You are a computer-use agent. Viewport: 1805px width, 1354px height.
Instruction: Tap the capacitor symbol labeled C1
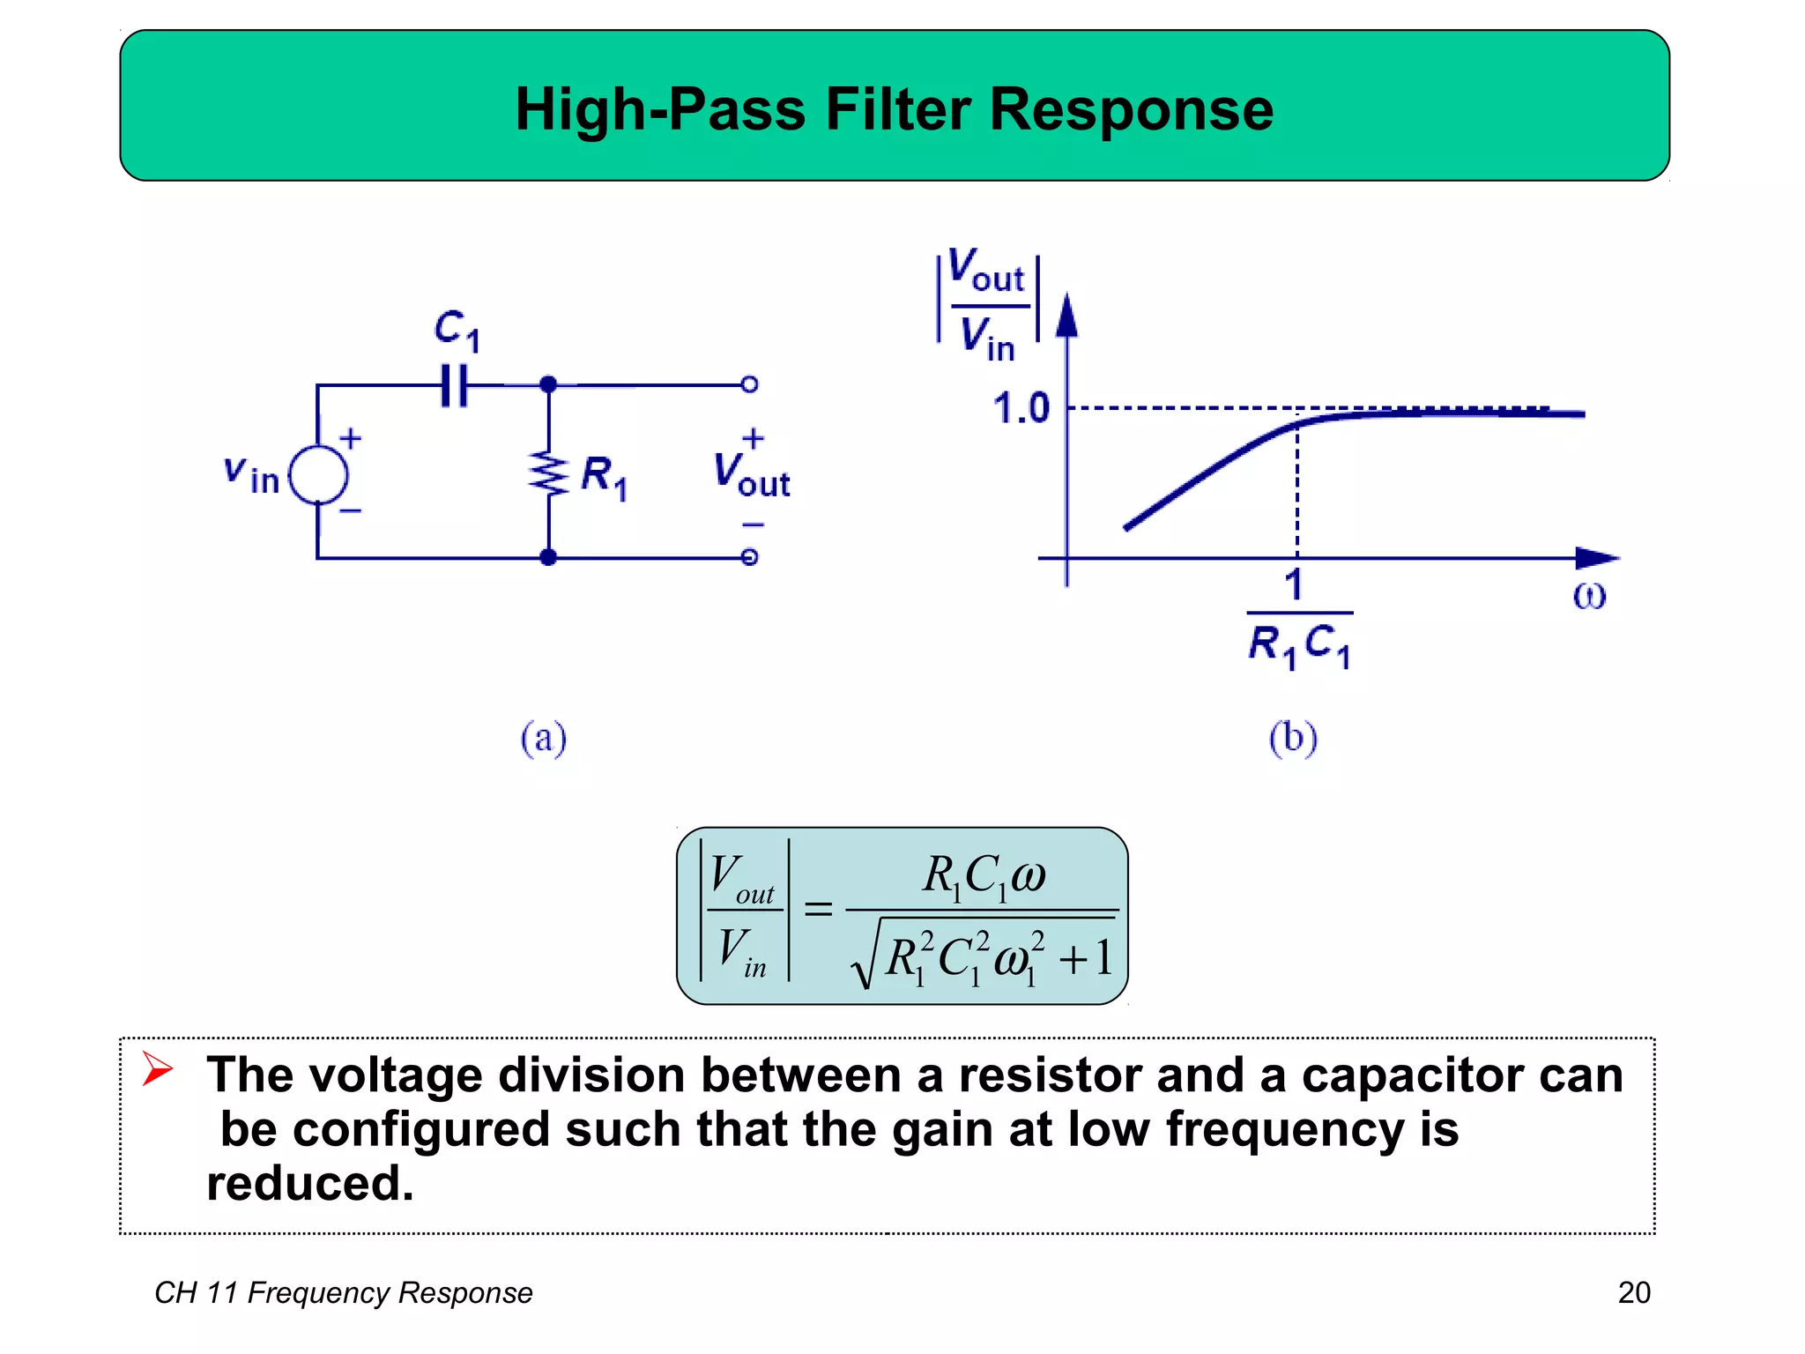pyautogui.click(x=455, y=385)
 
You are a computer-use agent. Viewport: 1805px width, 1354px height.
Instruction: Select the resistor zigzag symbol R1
pyautogui.click(x=548, y=474)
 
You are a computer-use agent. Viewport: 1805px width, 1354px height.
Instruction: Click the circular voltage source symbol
pyautogui.click(x=318, y=474)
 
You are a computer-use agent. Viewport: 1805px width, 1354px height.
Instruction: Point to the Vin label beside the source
pyautogui.click(x=251, y=474)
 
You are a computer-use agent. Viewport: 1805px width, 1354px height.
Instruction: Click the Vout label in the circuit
pyautogui.click(x=751, y=474)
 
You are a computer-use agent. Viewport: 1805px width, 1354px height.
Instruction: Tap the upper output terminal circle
pyautogui.click(x=749, y=384)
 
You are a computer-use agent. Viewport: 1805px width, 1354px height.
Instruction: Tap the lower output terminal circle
pyautogui.click(x=749, y=557)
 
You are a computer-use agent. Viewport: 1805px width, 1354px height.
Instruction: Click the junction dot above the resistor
pyautogui.click(x=548, y=384)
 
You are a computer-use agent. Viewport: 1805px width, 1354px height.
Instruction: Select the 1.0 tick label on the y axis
pyautogui.click(x=1021, y=409)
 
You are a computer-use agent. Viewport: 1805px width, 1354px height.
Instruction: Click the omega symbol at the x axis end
pyautogui.click(x=1589, y=597)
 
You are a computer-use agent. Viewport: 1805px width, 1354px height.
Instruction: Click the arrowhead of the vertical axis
pyautogui.click(x=1066, y=315)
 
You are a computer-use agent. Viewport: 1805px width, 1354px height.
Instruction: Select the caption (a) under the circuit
pyautogui.click(x=543, y=738)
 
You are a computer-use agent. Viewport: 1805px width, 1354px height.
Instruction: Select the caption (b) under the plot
pyautogui.click(x=1293, y=738)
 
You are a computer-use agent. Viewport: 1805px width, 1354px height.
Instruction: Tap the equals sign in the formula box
pyautogui.click(x=818, y=908)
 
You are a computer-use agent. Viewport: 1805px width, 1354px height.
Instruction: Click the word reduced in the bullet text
pyautogui.click(x=308, y=1184)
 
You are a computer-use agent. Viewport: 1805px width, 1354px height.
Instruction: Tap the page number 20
pyautogui.click(x=1633, y=1292)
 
